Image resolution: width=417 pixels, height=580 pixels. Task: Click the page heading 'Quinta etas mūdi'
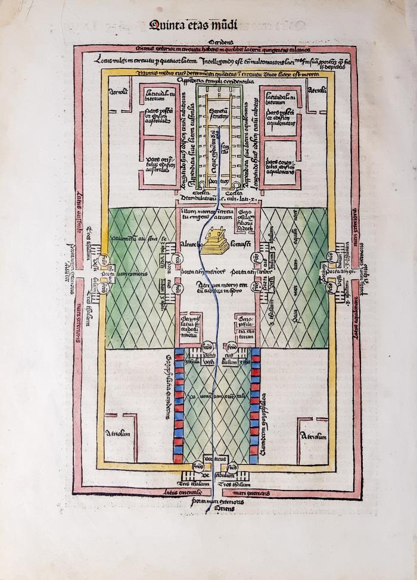click(193, 25)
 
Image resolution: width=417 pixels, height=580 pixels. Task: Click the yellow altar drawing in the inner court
click(215, 241)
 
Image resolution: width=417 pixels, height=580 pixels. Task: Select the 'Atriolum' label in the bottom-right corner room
click(314, 437)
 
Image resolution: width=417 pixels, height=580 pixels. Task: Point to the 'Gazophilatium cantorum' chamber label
click(245, 323)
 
